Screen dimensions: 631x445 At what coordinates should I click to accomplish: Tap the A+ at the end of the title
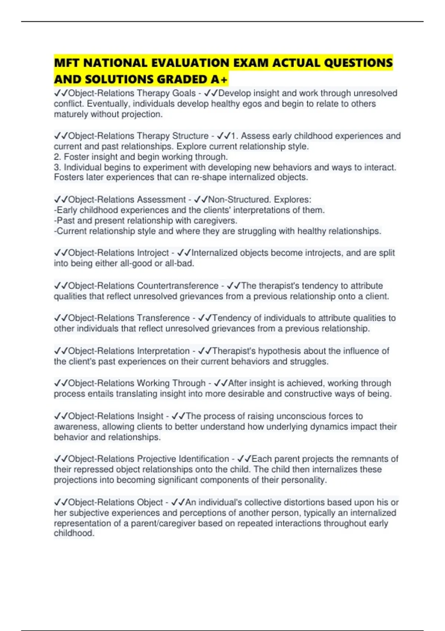tap(219, 79)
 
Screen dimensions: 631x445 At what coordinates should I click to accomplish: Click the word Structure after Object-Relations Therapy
tap(190, 136)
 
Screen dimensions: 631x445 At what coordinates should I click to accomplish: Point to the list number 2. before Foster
tap(57, 157)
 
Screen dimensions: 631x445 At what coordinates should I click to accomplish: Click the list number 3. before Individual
tap(57, 167)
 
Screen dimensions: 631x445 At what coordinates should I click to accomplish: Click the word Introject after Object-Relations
tap(153, 253)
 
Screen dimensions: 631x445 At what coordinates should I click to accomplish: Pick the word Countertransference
tap(178, 286)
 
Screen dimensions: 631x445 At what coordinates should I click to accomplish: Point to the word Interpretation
tap(163, 351)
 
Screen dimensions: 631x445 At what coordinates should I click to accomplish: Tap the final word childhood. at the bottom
tap(74, 533)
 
